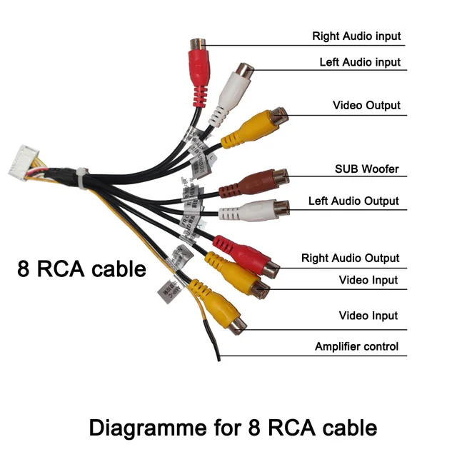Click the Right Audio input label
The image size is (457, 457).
356,36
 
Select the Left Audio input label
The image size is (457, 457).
360,62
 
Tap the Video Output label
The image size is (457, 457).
366,106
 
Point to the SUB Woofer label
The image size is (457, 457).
367,169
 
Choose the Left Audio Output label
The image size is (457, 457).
353,201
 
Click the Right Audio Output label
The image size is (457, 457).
350,258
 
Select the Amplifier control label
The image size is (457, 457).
356,347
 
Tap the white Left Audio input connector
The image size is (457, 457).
234,94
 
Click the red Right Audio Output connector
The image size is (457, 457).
246,256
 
